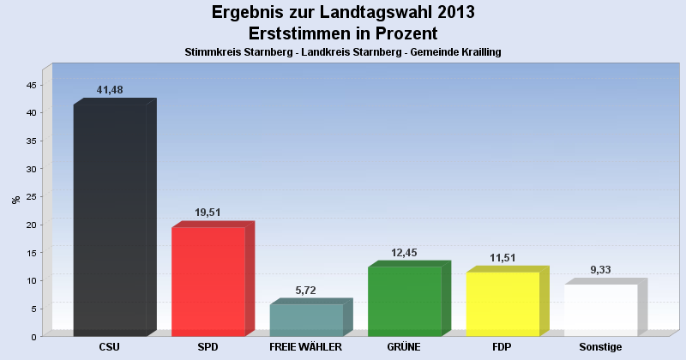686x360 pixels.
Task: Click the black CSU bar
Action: click(110, 219)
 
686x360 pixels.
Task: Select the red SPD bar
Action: click(208, 281)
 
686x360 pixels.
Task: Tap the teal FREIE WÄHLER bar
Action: click(306, 320)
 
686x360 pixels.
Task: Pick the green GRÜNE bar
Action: click(404, 301)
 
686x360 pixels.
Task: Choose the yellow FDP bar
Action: click(502, 303)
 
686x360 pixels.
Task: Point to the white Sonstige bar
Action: click(600, 309)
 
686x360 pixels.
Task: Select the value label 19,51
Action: click(208, 213)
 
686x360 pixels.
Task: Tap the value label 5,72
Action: click(306, 290)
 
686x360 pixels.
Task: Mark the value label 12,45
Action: click(405, 252)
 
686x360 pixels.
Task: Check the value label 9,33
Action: click(601, 270)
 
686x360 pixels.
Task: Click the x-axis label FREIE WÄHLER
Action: click(306, 347)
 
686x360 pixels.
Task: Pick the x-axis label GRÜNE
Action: click(404, 347)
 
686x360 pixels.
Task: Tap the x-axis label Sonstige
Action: click(600, 347)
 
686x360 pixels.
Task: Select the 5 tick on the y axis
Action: click(33, 309)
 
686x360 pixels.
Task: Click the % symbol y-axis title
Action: click(15, 200)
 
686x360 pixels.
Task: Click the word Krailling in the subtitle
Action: click(477, 52)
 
